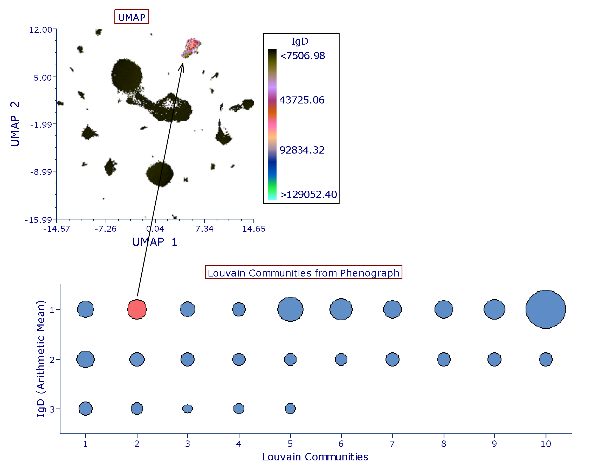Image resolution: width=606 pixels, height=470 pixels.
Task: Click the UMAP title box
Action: (132, 17)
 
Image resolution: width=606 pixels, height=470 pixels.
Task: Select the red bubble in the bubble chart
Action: (137, 309)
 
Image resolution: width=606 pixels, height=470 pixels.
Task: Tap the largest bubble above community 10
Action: (546, 309)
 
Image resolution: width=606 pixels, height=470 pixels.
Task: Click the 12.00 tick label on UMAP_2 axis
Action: (40, 30)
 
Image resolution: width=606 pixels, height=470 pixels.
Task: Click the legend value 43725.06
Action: (302, 100)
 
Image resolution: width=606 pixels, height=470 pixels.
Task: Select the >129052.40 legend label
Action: (308, 195)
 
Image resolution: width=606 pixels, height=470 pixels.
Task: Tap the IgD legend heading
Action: (300, 41)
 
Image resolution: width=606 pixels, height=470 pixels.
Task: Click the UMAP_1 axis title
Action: (155, 242)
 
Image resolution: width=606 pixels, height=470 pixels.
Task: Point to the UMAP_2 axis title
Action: (15, 124)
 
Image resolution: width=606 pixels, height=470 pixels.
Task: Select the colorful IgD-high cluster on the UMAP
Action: (191, 47)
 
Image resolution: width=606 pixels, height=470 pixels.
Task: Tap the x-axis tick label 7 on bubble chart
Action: (392, 444)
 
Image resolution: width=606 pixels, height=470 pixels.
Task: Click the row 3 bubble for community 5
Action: (290, 409)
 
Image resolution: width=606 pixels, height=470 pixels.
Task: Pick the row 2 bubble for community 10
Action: (546, 359)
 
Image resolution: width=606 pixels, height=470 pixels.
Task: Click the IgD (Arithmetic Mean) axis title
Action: (40, 358)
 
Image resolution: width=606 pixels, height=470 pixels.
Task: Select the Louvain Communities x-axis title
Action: (315, 457)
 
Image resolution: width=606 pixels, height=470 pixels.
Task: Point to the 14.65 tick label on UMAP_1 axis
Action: (254, 229)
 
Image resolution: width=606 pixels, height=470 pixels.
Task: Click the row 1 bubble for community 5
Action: (290, 309)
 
